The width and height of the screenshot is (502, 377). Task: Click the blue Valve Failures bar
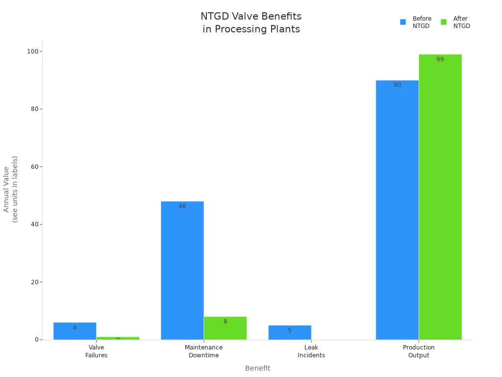click(x=75, y=331)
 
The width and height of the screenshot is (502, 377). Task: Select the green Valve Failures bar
click(x=118, y=338)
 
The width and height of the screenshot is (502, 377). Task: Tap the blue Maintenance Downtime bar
click(x=182, y=270)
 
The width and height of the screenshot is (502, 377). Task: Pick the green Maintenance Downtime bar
click(x=225, y=328)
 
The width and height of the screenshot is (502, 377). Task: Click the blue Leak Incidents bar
click(x=289, y=332)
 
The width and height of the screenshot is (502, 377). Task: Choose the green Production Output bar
click(x=440, y=197)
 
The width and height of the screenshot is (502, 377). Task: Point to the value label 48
click(x=182, y=207)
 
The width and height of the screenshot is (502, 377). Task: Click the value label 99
click(x=440, y=59)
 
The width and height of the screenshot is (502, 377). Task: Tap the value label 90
click(x=397, y=85)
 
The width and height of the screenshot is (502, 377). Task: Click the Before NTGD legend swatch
click(x=403, y=22)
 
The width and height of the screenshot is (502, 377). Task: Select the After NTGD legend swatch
click(x=444, y=22)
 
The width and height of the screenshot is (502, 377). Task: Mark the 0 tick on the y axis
click(x=37, y=340)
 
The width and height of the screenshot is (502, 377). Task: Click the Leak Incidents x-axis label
click(x=311, y=351)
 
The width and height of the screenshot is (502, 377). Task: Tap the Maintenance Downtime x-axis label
click(x=203, y=351)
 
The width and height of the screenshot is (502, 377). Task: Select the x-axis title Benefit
click(x=257, y=368)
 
